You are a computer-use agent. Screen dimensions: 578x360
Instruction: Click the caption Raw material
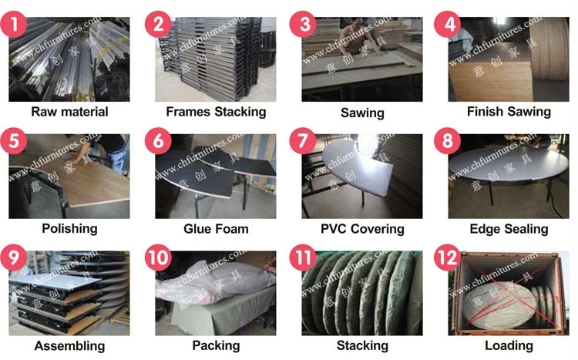click(69, 111)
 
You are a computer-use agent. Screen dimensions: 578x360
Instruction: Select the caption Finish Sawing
click(509, 111)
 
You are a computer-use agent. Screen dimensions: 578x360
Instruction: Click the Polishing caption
click(69, 228)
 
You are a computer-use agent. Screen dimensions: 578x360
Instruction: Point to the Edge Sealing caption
click(509, 228)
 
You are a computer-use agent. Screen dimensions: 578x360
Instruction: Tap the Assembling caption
click(69, 345)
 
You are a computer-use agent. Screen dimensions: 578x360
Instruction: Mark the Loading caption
click(509, 345)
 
